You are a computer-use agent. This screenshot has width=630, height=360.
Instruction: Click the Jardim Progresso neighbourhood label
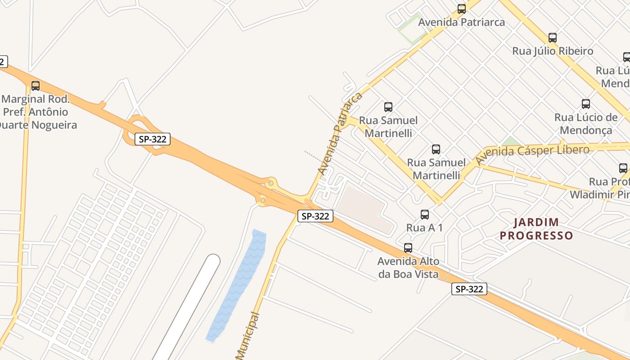click(x=536, y=229)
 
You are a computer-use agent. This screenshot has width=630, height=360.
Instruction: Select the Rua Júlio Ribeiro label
click(x=553, y=51)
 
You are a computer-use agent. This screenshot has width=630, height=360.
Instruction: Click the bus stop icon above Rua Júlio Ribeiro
click(x=553, y=38)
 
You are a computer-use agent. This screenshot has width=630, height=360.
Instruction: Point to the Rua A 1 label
click(x=424, y=228)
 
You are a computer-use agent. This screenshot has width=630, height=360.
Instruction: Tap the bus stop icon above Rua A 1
click(x=424, y=215)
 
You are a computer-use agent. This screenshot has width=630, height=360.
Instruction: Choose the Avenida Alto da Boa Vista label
click(x=408, y=267)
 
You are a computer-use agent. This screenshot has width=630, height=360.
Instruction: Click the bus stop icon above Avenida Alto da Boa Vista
click(x=408, y=248)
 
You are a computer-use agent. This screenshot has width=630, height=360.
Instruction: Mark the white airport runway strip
click(x=189, y=306)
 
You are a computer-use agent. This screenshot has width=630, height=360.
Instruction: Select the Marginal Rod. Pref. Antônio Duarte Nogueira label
click(x=38, y=112)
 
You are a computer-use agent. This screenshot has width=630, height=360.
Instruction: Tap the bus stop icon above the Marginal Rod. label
click(x=35, y=86)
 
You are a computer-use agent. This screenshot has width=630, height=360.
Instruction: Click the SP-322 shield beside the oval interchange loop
click(x=153, y=139)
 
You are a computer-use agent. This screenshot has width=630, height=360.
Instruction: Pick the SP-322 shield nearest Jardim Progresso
click(x=469, y=289)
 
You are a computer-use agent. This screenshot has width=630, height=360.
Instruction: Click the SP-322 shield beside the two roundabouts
click(x=315, y=216)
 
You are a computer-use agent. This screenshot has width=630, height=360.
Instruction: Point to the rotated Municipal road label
click(x=248, y=335)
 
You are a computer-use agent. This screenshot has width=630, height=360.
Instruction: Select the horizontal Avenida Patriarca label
click(x=461, y=22)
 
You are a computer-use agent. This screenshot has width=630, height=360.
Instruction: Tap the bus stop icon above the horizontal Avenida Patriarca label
click(x=461, y=9)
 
